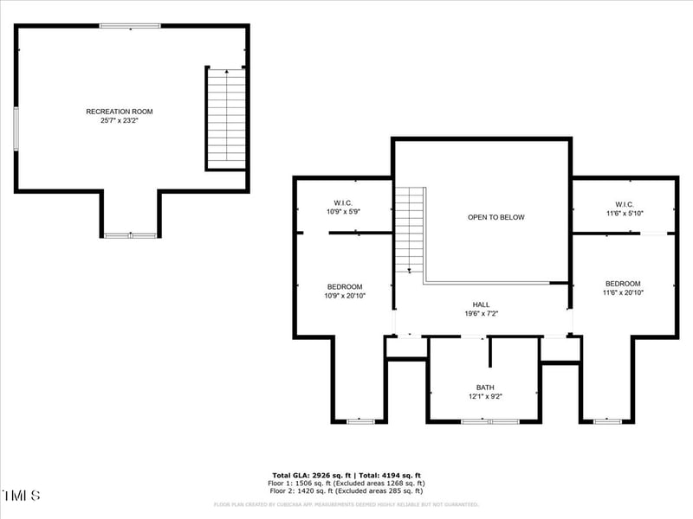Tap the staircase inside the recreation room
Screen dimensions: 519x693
[x=226, y=117]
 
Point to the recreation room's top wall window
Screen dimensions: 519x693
[x=130, y=26]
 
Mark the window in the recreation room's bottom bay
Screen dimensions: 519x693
[x=130, y=235]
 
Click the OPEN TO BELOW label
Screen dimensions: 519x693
[x=496, y=217]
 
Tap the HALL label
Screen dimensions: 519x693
[x=481, y=304]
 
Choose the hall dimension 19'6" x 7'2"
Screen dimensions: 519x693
[x=481, y=314]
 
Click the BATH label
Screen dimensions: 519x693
[x=485, y=388]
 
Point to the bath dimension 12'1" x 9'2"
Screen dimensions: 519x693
[x=485, y=397]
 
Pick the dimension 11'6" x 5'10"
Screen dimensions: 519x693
[x=625, y=213]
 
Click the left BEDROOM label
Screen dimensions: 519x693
[x=345, y=286]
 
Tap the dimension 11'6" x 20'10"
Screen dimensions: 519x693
[x=625, y=293]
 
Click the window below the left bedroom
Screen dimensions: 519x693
[x=359, y=421]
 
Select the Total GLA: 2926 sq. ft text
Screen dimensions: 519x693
[x=309, y=476]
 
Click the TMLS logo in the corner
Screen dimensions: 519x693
[x=21, y=496]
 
